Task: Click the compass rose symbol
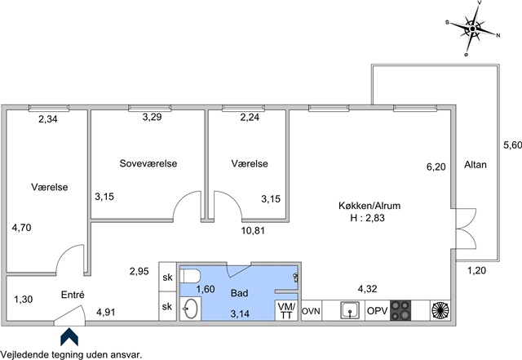(472, 29)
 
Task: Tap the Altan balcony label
(475, 165)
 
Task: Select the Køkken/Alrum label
(369, 206)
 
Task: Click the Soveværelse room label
(148, 163)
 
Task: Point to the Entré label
(73, 295)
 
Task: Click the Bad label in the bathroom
(239, 293)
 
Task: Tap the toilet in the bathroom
(190, 277)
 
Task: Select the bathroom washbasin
(190, 309)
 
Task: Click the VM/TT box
(286, 310)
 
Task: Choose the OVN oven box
(311, 311)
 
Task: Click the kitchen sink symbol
(350, 310)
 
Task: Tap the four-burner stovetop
(400, 311)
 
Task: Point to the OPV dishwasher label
(377, 311)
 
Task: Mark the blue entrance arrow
(69, 337)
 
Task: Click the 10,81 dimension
(253, 230)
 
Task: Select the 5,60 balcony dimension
(512, 145)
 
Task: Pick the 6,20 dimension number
(436, 167)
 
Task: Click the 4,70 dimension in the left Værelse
(22, 228)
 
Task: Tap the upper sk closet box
(167, 277)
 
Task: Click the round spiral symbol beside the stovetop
(440, 310)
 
